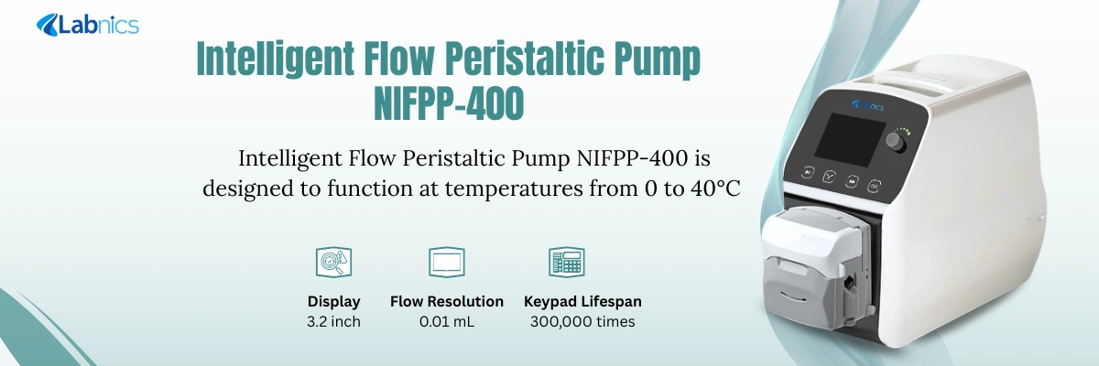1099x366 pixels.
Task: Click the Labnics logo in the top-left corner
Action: (x=87, y=25)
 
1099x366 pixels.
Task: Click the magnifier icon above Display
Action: (x=333, y=263)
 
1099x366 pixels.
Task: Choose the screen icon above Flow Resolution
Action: (x=447, y=263)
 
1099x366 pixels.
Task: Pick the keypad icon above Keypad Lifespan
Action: (x=567, y=263)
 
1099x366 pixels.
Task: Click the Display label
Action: (x=333, y=301)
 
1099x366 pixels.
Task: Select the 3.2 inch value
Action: (x=333, y=321)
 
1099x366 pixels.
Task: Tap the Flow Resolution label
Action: (x=447, y=301)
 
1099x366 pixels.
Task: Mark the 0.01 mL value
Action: (x=447, y=321)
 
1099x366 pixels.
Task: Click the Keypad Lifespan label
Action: (x=582, y=301)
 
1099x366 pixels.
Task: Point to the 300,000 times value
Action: (x=582, y=321)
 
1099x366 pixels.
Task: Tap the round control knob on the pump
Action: (x=897, y=143)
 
